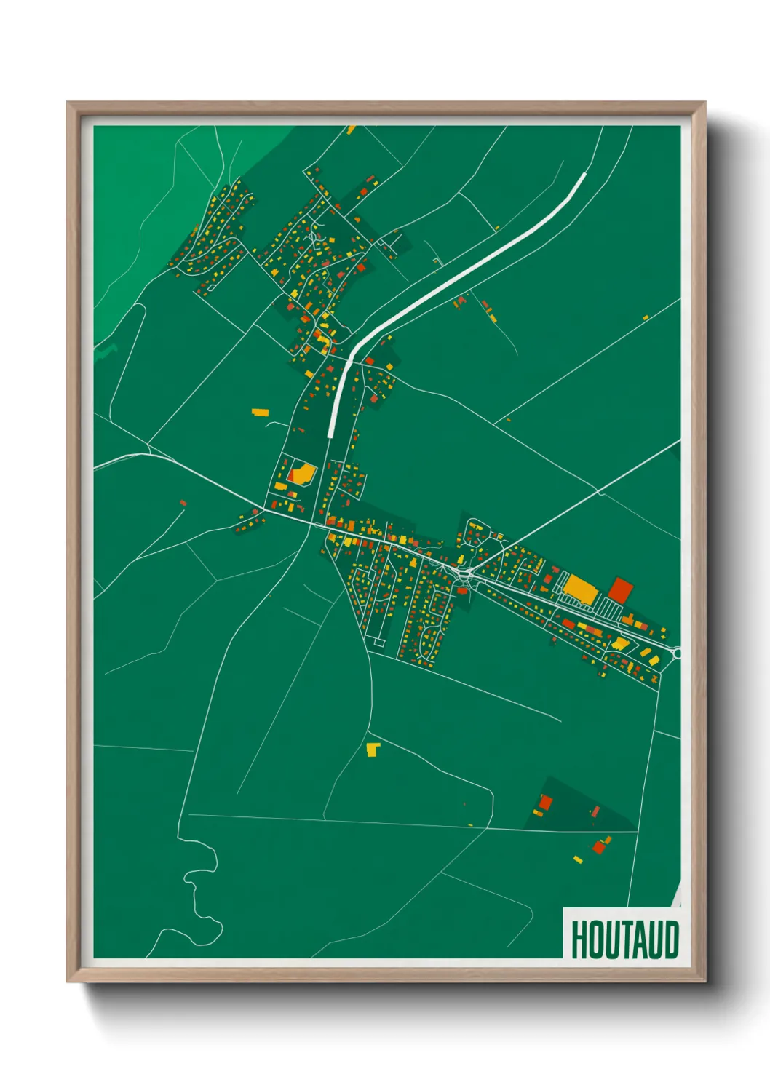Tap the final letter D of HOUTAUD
click(x=671, y=939)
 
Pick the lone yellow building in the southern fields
click(x=373, y=749)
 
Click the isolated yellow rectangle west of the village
click(x=260, y=413)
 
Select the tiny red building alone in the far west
click(x=183, y=503)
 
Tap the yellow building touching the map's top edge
click(x=352, y=130)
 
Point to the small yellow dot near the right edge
click(x=645, y=317)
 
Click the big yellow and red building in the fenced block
click(x=301, y=474)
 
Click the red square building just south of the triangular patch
click(x=599, y=847)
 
